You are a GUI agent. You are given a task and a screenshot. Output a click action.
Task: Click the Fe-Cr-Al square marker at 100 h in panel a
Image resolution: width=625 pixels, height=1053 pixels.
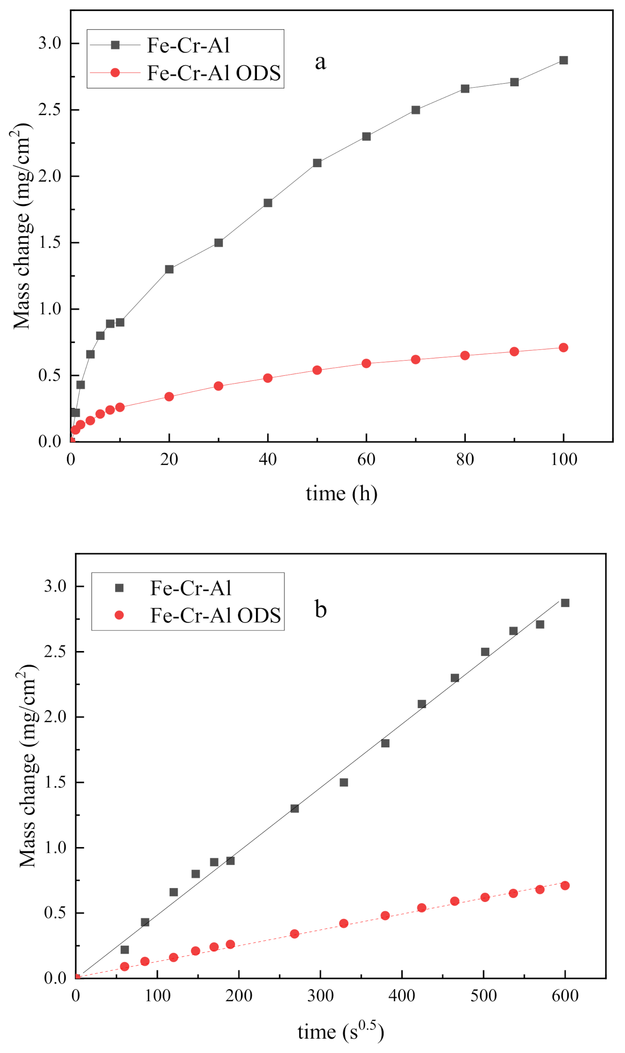pos(563,60)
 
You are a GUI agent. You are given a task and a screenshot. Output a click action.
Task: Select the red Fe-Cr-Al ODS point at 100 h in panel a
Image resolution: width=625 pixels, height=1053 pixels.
pos(563,348)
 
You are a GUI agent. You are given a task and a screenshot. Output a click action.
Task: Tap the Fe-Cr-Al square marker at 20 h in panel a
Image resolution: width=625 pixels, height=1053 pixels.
pos(169,269)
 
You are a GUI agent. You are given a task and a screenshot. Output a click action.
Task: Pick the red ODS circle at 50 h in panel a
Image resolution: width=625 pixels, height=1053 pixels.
pos(317,370)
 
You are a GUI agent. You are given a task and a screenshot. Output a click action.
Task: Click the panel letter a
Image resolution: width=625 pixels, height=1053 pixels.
pos(320,62)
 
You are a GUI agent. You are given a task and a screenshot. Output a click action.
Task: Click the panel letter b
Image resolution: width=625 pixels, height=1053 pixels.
pos(320,609)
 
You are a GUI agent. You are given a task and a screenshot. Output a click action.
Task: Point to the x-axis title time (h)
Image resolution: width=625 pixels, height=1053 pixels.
pos(342,494)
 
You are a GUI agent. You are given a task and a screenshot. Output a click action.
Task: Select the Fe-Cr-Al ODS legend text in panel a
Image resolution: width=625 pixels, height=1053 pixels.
pos(214,73)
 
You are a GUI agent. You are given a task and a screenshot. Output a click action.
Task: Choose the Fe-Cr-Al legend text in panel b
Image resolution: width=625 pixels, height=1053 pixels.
pos(191,588)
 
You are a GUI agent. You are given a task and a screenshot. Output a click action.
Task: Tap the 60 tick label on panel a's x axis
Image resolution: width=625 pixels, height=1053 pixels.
pos(366,459)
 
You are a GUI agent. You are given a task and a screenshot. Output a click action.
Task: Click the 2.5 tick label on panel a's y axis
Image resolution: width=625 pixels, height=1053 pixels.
pos(49,110)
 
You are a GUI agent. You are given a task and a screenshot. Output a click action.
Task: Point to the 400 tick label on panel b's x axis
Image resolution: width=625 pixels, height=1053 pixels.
pos(402,996)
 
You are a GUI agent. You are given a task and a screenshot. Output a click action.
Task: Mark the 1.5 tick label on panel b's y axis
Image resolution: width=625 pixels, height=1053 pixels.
pos(55,782)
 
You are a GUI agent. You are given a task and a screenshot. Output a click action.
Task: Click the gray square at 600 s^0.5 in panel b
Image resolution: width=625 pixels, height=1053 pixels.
pos(565,603)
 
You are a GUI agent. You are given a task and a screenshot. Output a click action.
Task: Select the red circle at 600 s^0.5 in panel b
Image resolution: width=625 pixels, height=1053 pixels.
pos(565,885)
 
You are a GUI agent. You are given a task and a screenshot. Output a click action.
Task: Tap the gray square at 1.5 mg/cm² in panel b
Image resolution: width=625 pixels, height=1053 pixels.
pos(344,782)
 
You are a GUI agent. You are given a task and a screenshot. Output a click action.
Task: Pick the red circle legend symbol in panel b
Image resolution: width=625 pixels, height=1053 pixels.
pos(119,615)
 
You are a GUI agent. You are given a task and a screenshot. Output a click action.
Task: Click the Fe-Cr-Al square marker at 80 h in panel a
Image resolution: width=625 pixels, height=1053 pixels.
pos(465,89)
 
